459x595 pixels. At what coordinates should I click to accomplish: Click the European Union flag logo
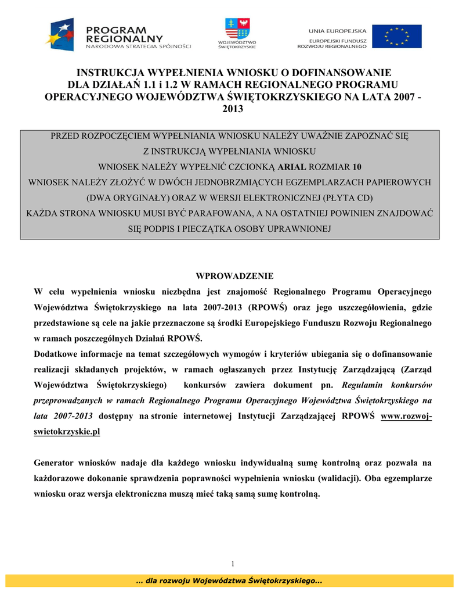click(397, 36)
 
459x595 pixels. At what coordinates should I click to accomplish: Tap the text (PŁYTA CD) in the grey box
click(347, 198)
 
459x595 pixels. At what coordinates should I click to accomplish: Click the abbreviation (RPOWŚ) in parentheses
click(269, 307)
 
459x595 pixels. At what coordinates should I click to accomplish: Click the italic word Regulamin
click(366, 385)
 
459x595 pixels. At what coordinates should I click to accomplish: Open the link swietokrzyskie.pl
click(67, 432)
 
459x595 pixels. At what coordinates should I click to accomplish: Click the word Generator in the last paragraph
click(57, 463)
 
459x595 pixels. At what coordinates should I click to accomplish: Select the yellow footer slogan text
click(229, 581)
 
